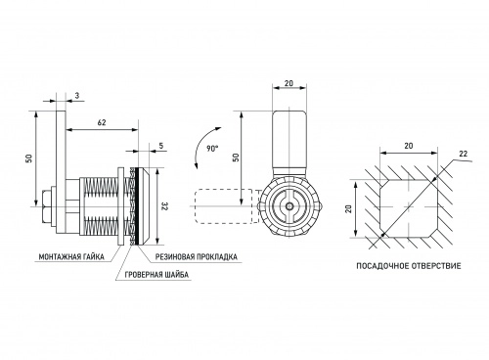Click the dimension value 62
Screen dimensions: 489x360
click(102, 122)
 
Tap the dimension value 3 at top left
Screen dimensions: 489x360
click(77, 95)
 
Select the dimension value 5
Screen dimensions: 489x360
click(161, 146)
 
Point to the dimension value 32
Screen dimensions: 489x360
click(164, 206)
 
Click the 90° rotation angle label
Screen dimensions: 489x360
click(212, 149)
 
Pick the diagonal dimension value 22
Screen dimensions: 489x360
click(463, 154)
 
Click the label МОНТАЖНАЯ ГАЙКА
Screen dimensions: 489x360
click(71, 257)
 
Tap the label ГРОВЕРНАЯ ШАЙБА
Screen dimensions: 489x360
click(156, 275)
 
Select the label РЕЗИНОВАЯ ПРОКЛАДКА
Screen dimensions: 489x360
click(196, 256)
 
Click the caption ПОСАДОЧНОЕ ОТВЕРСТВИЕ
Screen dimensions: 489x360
click(409, 266)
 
